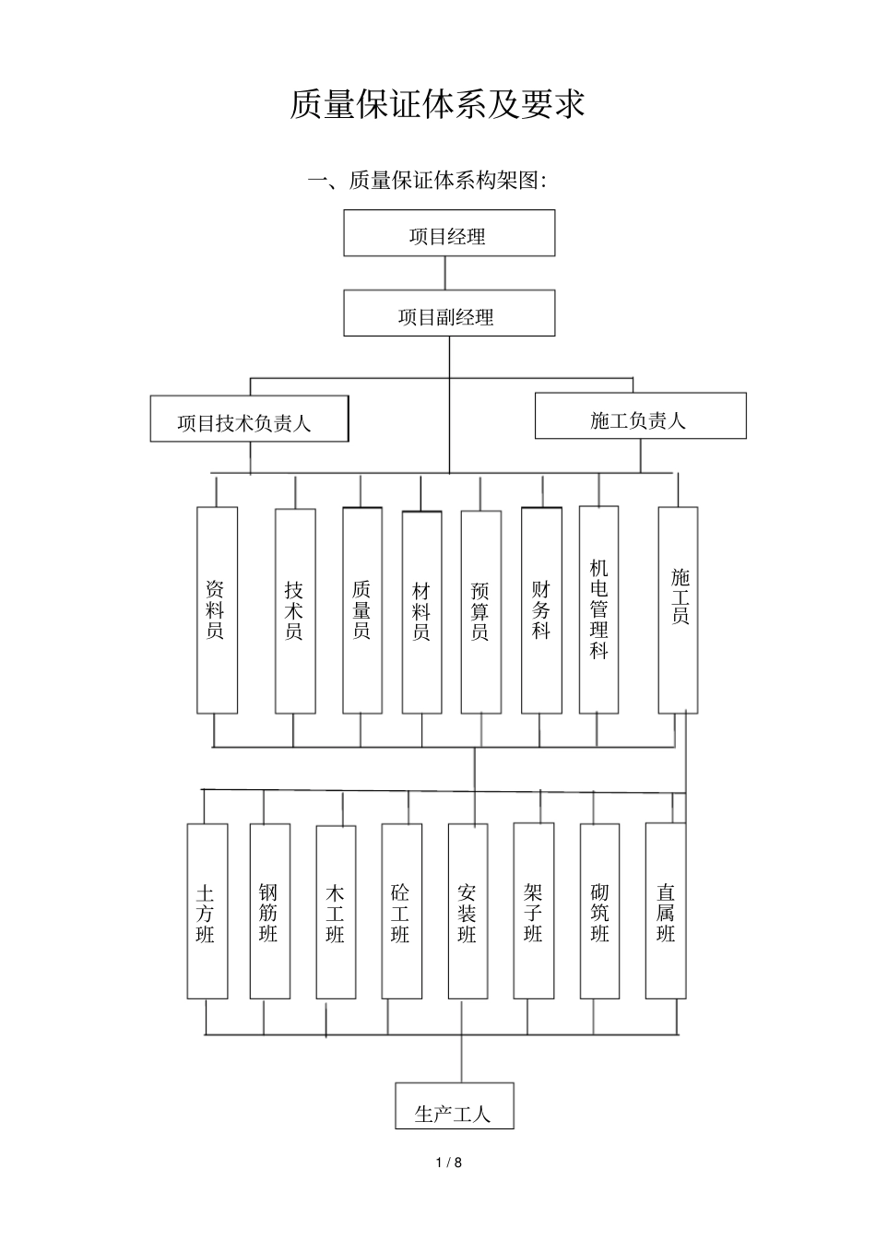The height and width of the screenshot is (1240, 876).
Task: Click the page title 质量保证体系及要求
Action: tap(437, 104)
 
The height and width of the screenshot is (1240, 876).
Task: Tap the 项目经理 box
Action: tap(449, 233)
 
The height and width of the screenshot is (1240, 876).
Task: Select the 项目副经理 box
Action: tap(449, 313)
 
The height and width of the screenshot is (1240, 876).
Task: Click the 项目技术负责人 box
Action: tap(249, 419)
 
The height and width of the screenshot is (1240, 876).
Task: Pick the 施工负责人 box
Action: tap(640, 417)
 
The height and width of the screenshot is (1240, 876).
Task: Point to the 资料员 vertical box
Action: tap(217, 610)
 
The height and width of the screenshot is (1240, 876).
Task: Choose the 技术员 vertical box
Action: tap(295, 610)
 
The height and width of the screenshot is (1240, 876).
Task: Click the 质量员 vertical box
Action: tap(362, 610)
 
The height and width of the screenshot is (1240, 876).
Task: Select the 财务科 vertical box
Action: tap(541, 610)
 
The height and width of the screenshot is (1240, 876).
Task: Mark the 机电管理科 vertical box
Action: tap(599, 609)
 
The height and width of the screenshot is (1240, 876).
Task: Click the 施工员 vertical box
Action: tap(679, 609)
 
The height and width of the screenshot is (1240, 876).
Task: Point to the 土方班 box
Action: tap(207, 912)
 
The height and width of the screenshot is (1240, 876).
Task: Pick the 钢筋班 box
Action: tap(269, 912)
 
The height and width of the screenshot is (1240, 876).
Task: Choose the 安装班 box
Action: tap(468, 912)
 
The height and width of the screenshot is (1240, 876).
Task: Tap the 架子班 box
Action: tap(534, 912)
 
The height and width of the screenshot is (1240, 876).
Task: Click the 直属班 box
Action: tap(666, 912)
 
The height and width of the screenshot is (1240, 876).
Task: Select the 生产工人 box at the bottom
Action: tap(454, 1106)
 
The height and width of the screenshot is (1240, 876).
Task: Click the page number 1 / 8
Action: tap(449, 1163)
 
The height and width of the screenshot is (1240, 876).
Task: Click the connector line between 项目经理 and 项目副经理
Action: tap(446, 273)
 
